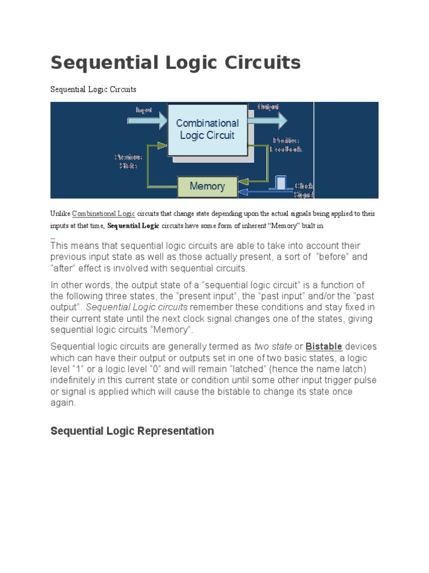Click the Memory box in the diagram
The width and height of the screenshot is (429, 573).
pyautogui.click(x=207, y=186)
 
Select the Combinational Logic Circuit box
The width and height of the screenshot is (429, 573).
pyautogui.click(x=207, y=129)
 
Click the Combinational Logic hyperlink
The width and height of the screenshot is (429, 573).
pyautogui.click(x=103, y=214)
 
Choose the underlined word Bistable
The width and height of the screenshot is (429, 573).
pyautogui.click(x=323, y=346)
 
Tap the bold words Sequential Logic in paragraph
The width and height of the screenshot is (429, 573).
pyautogui.click(x=133, y=226)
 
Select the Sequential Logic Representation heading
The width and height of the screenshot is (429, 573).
pyautogui.click(x=132, y=431)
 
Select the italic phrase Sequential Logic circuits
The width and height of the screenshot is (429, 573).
pyautogui.click(x=137, y=307)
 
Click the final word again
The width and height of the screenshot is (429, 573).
pyautogui.click(x=63, y=402)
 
